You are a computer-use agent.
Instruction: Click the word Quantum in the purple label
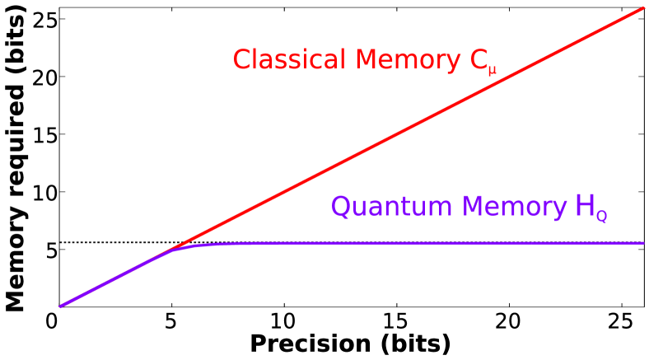click(x=384, y=208)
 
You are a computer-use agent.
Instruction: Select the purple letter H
click(x=585, y=207)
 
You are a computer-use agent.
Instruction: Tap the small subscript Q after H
click(x=602, y=217)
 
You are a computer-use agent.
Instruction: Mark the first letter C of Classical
click(x=242, y=60)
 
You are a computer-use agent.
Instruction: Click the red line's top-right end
click(x=642, y=8)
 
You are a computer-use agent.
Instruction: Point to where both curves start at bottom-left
click(x=60, y=306)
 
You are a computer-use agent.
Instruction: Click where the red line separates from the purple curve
click(x=170, y=250)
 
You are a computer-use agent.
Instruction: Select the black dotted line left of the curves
click(x=115, y=242)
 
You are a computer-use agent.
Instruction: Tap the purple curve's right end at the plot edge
click(x=642, y=243)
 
